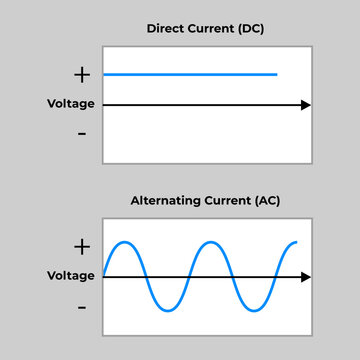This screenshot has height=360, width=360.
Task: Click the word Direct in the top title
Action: click(x=166, y=28)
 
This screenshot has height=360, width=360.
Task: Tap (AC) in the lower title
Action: click(x=265, y=201)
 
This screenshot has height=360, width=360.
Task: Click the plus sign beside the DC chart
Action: click(x=81, y=74)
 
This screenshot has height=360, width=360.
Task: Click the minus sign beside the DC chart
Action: click(x=81, y=133)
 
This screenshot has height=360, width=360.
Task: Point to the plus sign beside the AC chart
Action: click(x=81, y=246)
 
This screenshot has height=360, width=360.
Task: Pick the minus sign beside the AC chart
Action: click(x=81, y=305)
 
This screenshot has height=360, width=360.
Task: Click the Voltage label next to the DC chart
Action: click(x=71, y=104)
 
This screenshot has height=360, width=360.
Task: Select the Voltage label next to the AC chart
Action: click(x=71, y=276)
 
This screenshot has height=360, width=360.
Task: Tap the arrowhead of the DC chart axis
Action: click(x=306, y=104)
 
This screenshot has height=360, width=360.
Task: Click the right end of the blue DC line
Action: click(x=276, y=74)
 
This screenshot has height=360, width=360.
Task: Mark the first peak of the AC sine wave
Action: click(x=124, y=242)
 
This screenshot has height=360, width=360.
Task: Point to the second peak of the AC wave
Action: click(x=212, y=242)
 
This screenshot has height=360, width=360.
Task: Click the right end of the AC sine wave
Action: click(x=297, y=243)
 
